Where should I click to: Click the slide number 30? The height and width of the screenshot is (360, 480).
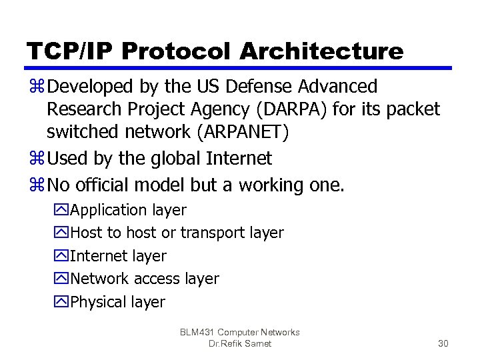tap(443, 344)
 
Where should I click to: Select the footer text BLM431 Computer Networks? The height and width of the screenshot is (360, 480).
tap(240, 332)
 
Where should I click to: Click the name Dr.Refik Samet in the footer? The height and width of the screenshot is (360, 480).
tap(240, 344)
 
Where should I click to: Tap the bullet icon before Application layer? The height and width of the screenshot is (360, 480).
tap(63, 211)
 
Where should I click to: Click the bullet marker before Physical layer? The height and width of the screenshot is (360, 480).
tap(63, 303)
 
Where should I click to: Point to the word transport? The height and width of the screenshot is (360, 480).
tap(213, 233)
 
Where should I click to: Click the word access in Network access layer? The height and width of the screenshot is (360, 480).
tap(155, 279)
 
